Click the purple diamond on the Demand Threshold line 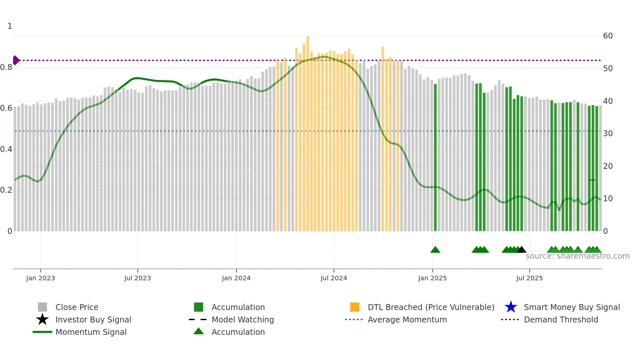16,60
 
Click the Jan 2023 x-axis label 40,278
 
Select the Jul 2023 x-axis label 137,278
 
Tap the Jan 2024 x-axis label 236,278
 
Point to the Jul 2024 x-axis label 334,278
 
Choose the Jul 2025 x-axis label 529,278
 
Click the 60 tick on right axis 608,36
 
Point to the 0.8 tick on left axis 6,68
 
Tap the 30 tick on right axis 608,134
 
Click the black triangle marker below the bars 521,250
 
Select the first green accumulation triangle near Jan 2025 435,250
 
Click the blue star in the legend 511,307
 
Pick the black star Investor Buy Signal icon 42,319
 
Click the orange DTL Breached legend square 355,307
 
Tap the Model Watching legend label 243,319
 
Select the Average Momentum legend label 407,319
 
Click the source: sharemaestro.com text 577,256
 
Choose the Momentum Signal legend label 91,332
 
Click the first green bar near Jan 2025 435,157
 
